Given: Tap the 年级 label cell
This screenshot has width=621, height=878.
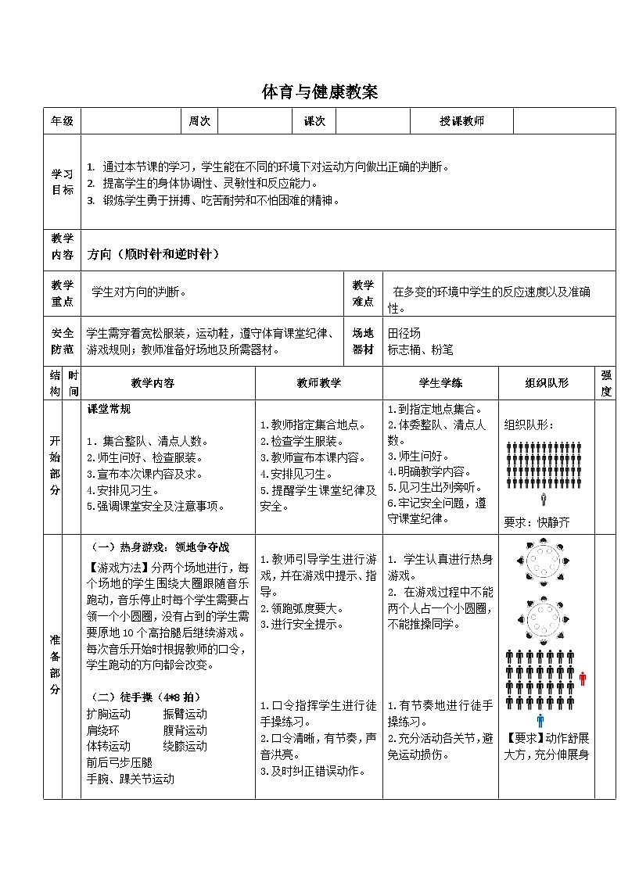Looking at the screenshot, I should tap(62, 121).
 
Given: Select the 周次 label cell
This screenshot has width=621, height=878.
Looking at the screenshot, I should tap(200, 121).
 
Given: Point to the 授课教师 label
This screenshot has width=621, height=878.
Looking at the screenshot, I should tap(461, 121).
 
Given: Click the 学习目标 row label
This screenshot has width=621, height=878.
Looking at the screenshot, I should tap(62, 182).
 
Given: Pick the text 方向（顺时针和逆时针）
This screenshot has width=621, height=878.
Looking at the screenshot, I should tap(153, 254).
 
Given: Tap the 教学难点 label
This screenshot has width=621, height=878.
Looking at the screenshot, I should tap(363, 292).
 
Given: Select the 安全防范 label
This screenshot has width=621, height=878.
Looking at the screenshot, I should tap(62, 341).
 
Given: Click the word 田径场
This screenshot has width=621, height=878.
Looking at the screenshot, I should tap(404, 333).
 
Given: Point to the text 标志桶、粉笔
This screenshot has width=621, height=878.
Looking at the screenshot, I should tap(420, 349).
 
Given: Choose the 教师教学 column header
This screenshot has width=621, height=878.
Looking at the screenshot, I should tap(318, 383).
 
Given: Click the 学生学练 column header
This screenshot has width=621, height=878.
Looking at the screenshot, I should tap(440, 383).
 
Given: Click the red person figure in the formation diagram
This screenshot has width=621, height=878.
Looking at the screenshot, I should tap(583, 679).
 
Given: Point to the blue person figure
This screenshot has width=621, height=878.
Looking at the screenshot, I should tap(540, 720).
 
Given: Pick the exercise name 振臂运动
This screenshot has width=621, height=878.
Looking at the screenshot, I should tap(185, 714).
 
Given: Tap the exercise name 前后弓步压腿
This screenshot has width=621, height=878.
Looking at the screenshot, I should tap(120, 762).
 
